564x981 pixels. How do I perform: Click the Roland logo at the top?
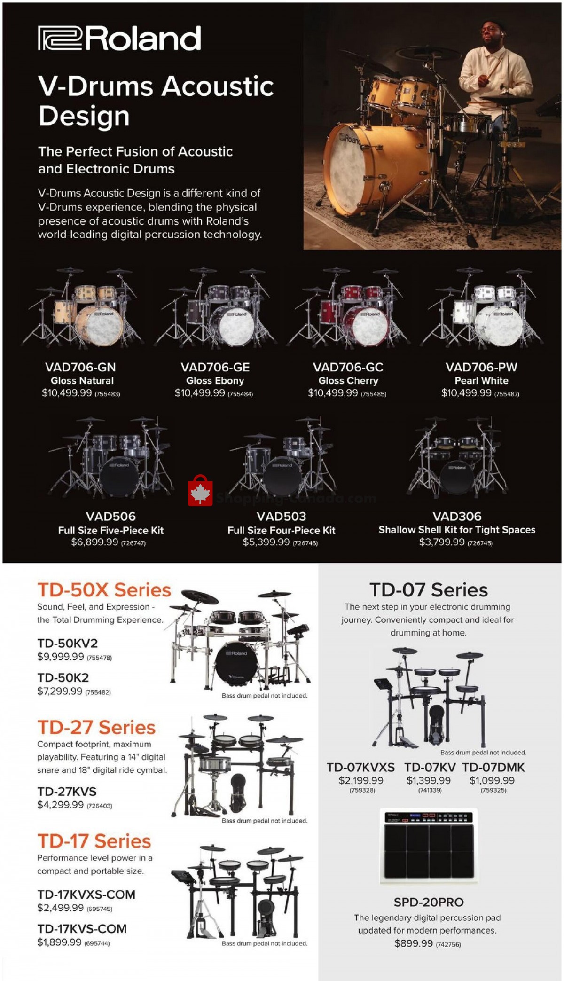pos(119,39)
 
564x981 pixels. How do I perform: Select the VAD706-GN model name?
pos(80,367)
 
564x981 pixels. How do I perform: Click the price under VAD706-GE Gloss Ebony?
pos(200,393)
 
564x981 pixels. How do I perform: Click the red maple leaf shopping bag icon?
pos(200,491)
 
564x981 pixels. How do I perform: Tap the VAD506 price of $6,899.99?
pos(94,542)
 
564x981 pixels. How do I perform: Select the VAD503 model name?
pos(281,516)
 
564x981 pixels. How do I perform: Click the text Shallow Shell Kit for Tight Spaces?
pos(457,530)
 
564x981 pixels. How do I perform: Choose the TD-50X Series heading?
pos(104,590)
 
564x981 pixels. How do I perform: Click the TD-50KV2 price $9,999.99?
pos(61,657)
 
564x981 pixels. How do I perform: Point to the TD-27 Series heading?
pos(96,728)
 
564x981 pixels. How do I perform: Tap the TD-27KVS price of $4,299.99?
pos(61,805)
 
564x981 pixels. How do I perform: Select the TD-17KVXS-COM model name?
pos(86,895)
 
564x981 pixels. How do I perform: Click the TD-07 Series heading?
pos(429,590)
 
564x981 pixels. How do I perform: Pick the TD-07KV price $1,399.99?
pos(429,781)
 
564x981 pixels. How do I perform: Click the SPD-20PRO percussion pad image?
pos(429,846)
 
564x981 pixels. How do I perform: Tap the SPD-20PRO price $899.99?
pos(414,943)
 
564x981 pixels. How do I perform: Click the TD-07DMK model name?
pos(493,768)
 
